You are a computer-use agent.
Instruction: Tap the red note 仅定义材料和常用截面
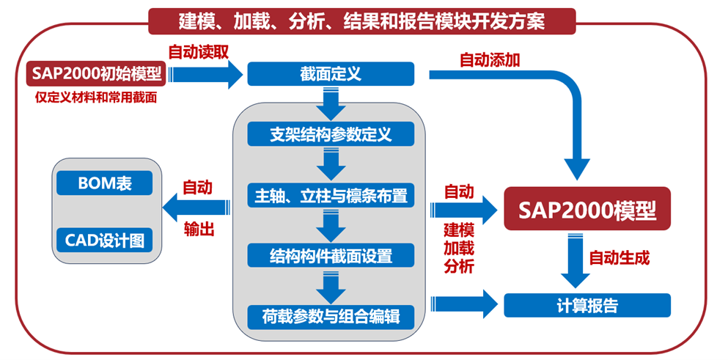pyautogui.click(x=96, y=96)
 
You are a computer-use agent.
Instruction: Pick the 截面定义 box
pyautogui.click(x=331, y=75)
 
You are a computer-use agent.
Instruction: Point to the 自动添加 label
pyautogui.click(x=490, y=60)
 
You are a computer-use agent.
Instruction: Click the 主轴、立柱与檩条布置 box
pyautogui.click(x=331, y=196)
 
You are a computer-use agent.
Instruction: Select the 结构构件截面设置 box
pyautogui.click(x=331, y=257)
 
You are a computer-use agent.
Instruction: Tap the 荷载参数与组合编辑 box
pyautogui.click(x=331, y=317)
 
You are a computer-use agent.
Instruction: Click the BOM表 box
pyautogui.click(x=105, y=183)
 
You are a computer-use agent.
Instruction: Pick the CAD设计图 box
pyautogui.click(x=105, y=240)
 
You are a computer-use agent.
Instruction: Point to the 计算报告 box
pyautogui.click(x=587, y=305)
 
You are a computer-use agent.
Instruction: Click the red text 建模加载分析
pyautogui.click(x=459, y=248)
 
